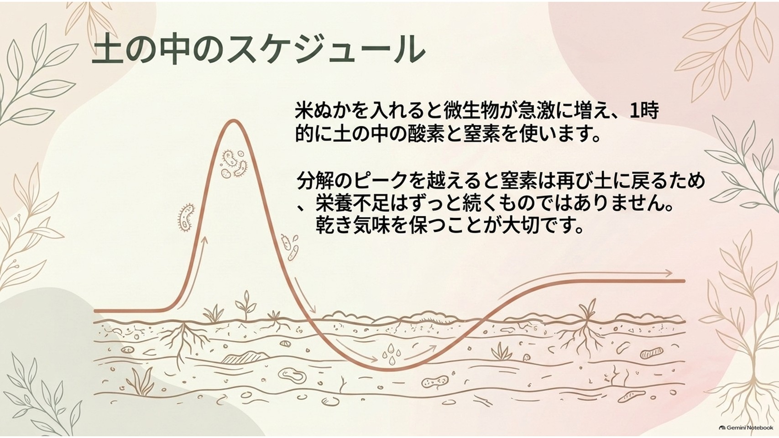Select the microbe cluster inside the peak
pyautogui.click(x=234, y=163)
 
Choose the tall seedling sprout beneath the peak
pyautogui.click(x=246, y=305)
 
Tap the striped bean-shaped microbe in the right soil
pyautogui.click(x=651, y=353)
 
